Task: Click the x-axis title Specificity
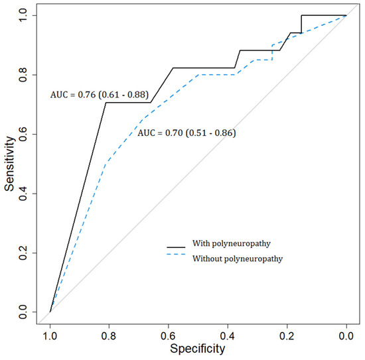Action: point(197,348)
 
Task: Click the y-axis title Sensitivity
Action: point(10,163)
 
